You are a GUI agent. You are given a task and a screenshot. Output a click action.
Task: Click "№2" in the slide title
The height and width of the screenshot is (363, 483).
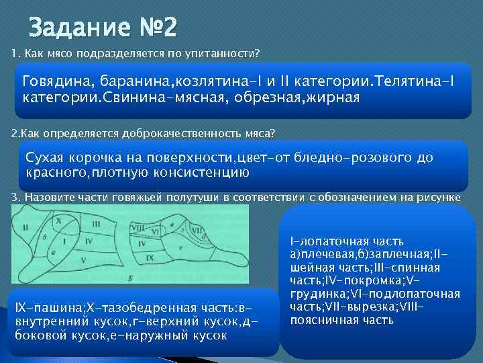pyautogui.click(x=156, y=28)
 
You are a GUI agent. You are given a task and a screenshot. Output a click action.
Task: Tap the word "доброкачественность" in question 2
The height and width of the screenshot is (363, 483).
pyautogui.click(x=168, y=132)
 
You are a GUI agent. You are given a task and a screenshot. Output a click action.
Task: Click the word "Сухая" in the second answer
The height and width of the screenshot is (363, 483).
pyautogui.click(x=47, y=158)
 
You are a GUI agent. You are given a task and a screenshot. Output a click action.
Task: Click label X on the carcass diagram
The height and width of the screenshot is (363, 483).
pyautogui.click(x=58, y=220)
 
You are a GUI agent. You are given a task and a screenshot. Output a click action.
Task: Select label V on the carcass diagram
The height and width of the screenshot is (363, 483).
pyautogui.click(x=82, y=259)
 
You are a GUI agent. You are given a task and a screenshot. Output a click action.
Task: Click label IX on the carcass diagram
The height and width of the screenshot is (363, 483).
pyautogui.click(x=150, y=257)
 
